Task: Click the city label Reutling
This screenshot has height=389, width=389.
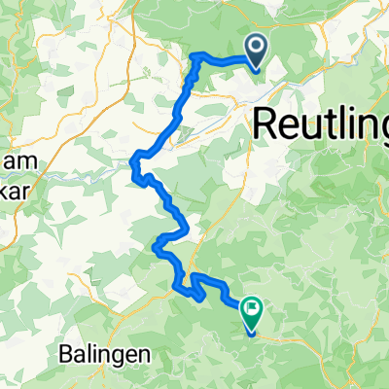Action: (321, 124)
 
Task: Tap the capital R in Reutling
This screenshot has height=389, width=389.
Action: (265, 123)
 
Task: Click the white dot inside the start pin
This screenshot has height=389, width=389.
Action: (256, 45)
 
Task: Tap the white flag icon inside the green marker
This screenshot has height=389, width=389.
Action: (252, 309)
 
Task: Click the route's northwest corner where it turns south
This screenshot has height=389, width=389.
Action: (196, 55)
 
